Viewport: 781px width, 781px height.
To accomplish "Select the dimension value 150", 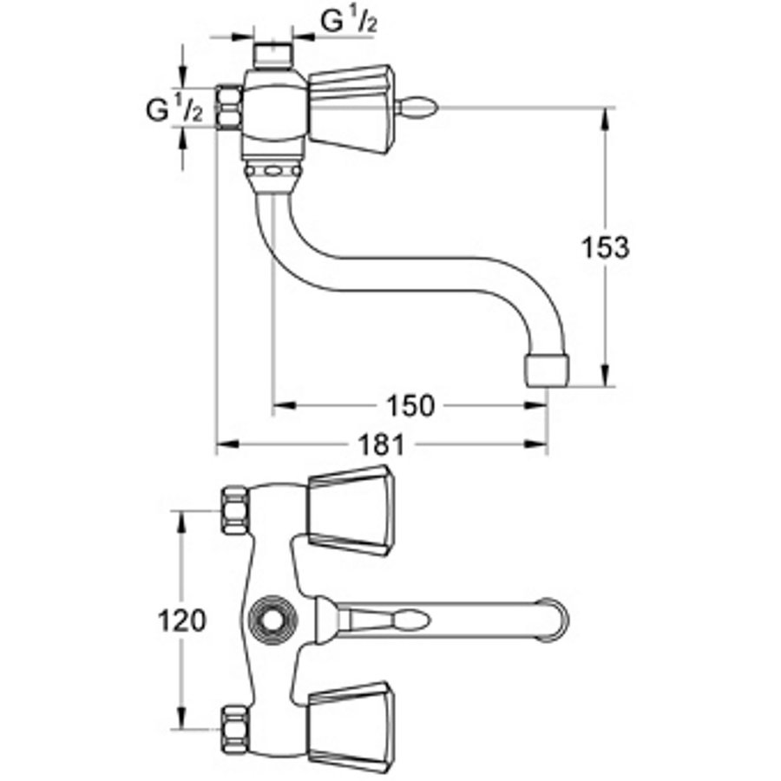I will click(409, 406).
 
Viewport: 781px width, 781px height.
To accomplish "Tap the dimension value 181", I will click(381, 445).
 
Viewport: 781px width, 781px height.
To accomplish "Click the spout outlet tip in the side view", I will click(546, 370).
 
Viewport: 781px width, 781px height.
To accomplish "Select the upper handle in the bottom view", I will click(348, 510).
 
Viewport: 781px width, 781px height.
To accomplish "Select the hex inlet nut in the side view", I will click(227, 107).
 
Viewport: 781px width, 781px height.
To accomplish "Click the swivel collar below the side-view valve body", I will click(272, 174).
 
